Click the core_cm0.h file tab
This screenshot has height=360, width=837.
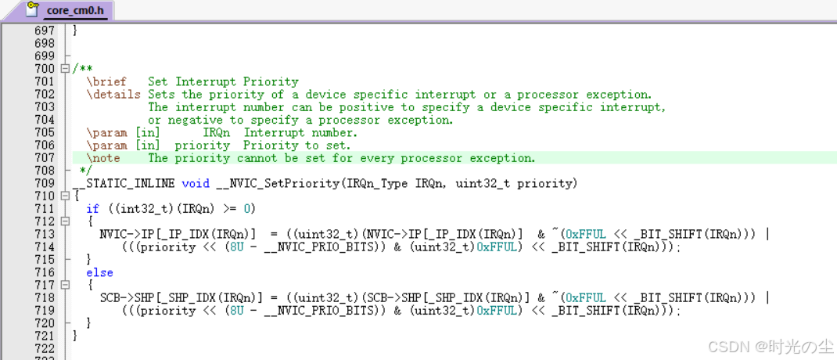click(x=75, y=10)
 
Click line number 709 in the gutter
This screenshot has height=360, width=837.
click(x=45, y=183)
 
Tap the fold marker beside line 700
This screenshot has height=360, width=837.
click(x=65, y=69)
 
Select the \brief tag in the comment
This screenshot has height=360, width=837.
click(x=106, y=81)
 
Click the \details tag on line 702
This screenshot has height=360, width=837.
click(x=113, y=95)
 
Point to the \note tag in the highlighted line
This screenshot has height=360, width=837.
click(x=103, y=158)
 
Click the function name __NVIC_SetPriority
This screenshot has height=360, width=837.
click(x=278, y=184)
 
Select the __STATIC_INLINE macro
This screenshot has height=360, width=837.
click(x=124, y=184)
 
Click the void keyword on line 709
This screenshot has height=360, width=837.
click(x=196, y=183)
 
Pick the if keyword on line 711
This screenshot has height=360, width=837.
click(x=93, y=209)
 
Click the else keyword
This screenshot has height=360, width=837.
click(x=100, y=272)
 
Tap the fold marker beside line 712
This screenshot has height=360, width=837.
click(x=65, y=221)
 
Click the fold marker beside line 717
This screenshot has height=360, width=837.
click(x=65, y=285)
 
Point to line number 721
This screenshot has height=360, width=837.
click(x=45, y=336)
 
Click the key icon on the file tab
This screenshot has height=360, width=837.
click(x=33, y=8)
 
